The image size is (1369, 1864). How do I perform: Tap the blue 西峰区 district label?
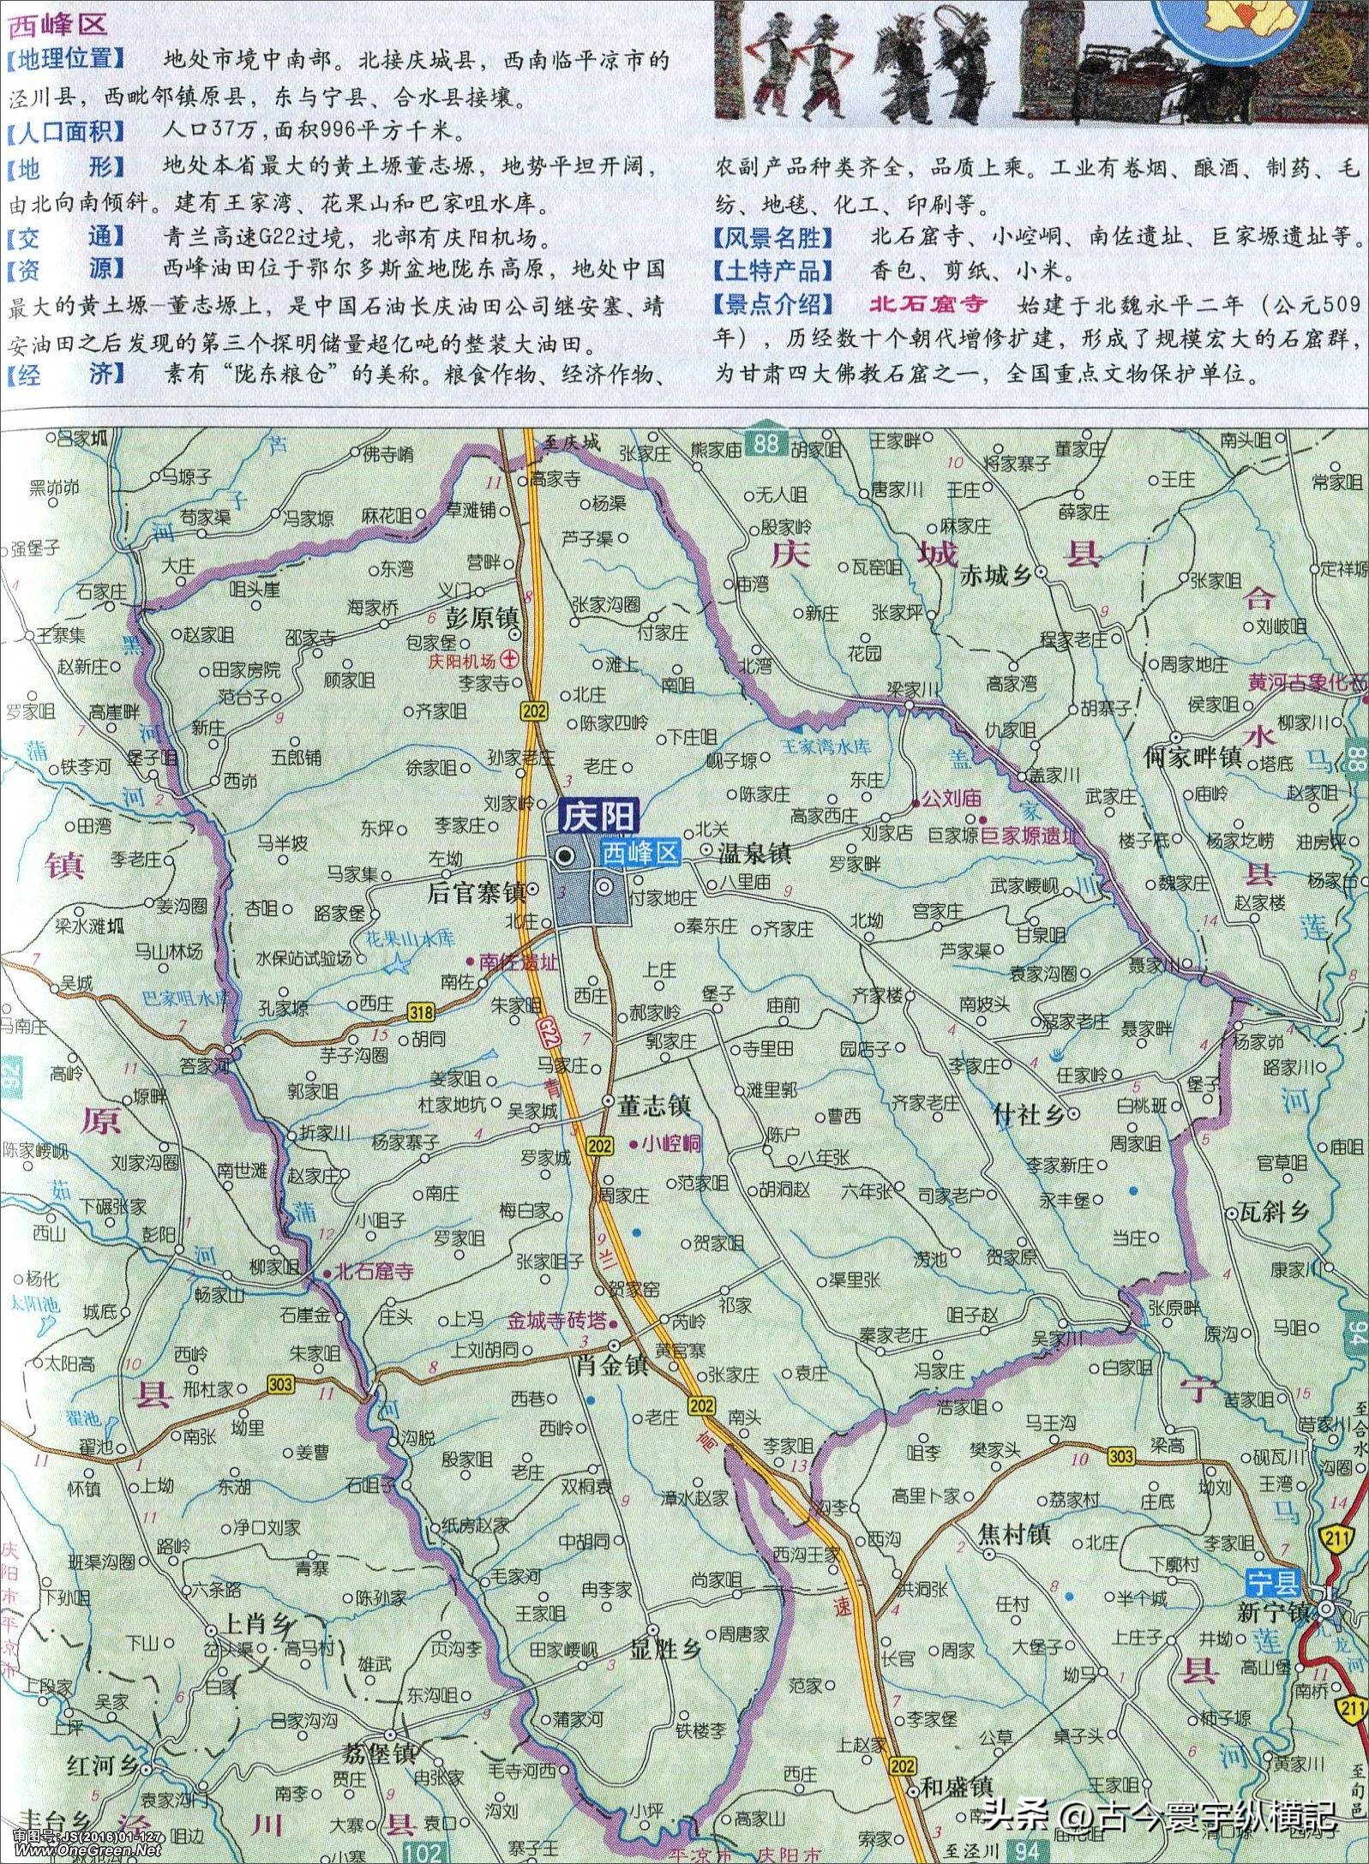click(x=639, y=853)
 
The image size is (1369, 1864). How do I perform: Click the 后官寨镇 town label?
click(x=477, y=893)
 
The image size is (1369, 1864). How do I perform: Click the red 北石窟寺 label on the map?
click(x=375, y=1272)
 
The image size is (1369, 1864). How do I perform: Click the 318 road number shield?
click(x=421, y=1012)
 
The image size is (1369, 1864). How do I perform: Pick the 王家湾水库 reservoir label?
click(x=827, y=746)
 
